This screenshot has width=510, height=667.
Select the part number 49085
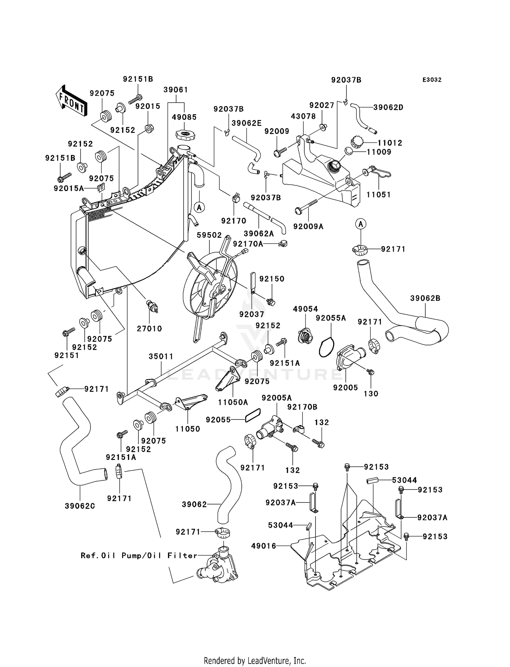tap(184, 117)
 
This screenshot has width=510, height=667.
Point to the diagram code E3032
tap(432, 80)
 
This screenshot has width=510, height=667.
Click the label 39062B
tap(425, 298)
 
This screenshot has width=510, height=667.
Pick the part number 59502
tap(209, 235)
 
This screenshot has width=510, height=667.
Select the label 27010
tap(150, 329)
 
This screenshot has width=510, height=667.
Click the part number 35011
tap(161, 357)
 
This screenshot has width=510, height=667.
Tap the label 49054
tap(305, 309)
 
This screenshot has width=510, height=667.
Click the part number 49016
tap(263, 546)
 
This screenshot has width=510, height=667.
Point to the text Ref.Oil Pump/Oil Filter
tap(139, 555)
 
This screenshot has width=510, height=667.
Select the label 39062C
tap(80, 506)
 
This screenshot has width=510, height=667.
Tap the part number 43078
tap(303, 116)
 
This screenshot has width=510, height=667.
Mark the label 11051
tap(378, 195)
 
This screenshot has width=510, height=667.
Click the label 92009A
tap(308, 226)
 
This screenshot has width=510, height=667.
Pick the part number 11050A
tap(233, 402)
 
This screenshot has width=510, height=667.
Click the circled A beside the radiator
tap(199, 207)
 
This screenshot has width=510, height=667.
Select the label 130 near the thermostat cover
tap(371, 394)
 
